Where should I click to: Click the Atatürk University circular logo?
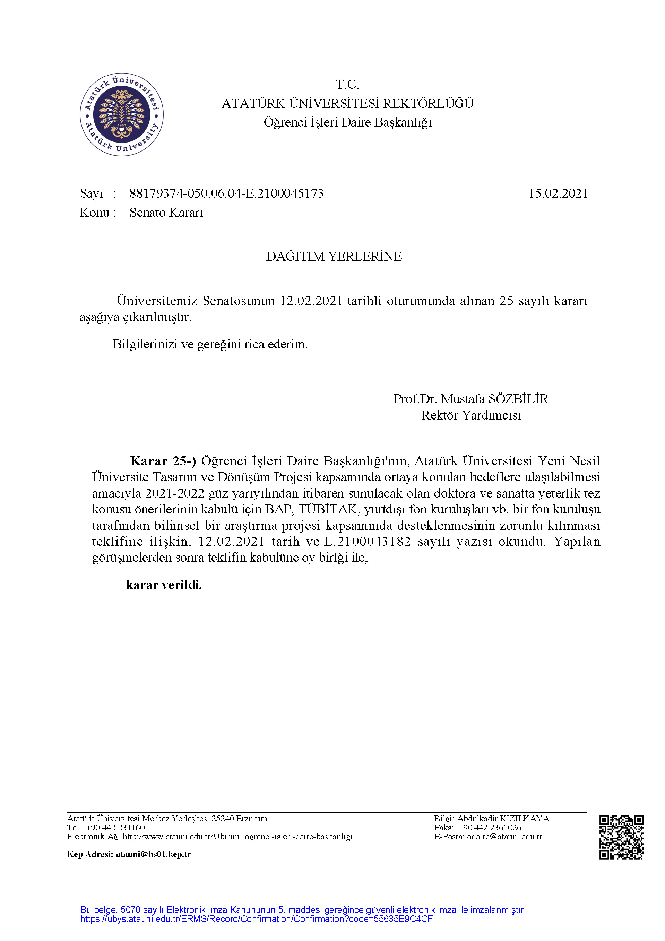click(122, 114)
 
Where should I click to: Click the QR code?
click(621, 837)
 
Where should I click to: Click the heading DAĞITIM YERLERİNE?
click(334, 257)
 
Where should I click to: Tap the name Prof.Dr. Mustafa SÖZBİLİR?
click(471, 399)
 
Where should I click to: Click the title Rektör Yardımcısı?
click(471, 416)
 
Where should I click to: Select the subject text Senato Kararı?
click(166, 213)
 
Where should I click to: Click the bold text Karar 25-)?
click(163, 461)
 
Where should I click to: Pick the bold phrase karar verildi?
click(164, 585)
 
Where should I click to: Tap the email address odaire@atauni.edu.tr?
click(504, 837)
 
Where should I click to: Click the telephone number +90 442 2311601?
click(118, 828)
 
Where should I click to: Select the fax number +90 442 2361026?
click(490, 828)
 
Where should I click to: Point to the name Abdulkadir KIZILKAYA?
click(503, 819)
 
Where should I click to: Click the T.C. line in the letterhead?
click(347, 85)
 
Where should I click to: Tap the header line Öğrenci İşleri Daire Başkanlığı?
click(347, 122)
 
